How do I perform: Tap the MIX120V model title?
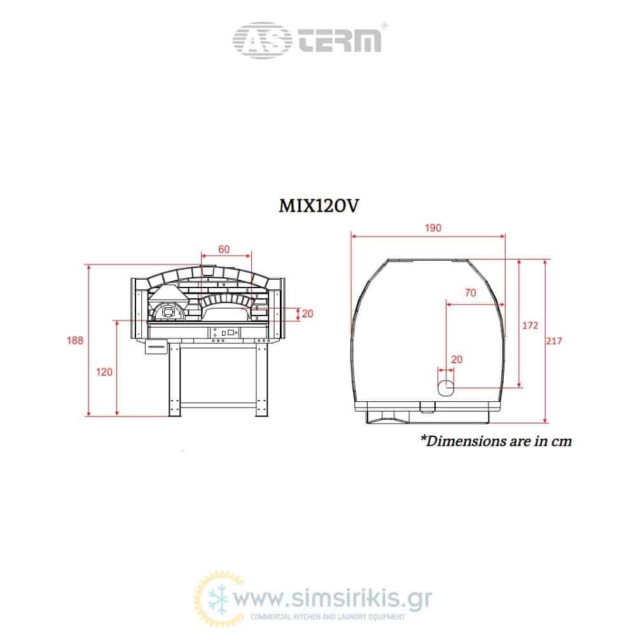point(319,205)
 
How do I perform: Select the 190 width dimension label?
point(432,228)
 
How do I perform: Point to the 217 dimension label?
point(554,341)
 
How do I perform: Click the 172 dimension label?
point(530,325)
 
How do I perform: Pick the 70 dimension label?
point(471,293)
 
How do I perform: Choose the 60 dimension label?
point(224,249)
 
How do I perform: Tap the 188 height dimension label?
point(75,340)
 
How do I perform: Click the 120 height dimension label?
point(104,372)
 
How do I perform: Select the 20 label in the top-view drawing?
point(457,359)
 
